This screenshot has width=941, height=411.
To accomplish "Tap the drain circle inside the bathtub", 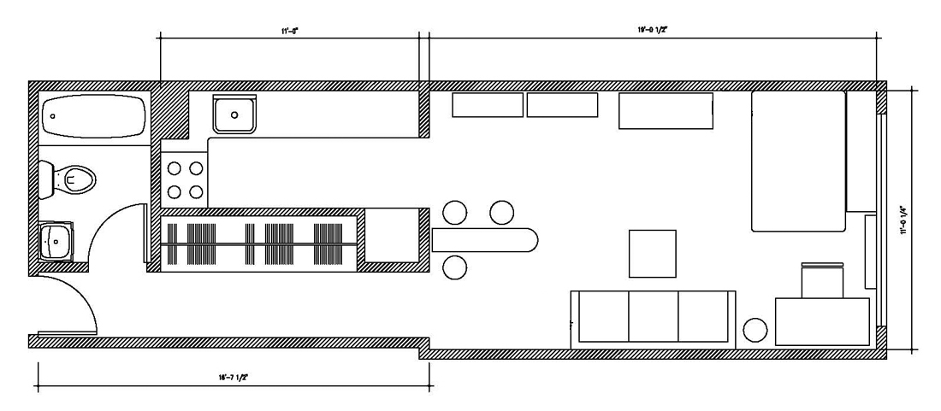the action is click(x=53, y=115).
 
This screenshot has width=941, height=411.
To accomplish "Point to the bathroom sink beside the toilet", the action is click(x=57, y=242).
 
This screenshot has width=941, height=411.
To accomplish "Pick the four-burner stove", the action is click(x=184, y=179).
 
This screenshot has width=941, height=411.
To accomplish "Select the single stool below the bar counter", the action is click(x=454, y=268).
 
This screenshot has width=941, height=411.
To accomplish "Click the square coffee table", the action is click(x=652, y=253).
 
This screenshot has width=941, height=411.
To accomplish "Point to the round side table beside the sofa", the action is click(x=755, y=330).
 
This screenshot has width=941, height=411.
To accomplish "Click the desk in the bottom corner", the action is click(x=822, y=320).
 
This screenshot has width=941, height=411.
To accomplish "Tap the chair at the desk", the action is click(x=822, y=279).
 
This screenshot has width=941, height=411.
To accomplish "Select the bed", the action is click(x=797, y=161).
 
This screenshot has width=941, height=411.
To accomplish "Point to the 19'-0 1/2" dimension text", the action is click(x=653, y=30).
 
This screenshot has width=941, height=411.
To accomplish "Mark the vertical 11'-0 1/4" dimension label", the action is click(x=903, y=220).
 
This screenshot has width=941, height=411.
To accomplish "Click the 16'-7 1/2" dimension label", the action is click(x=233, y=376).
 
